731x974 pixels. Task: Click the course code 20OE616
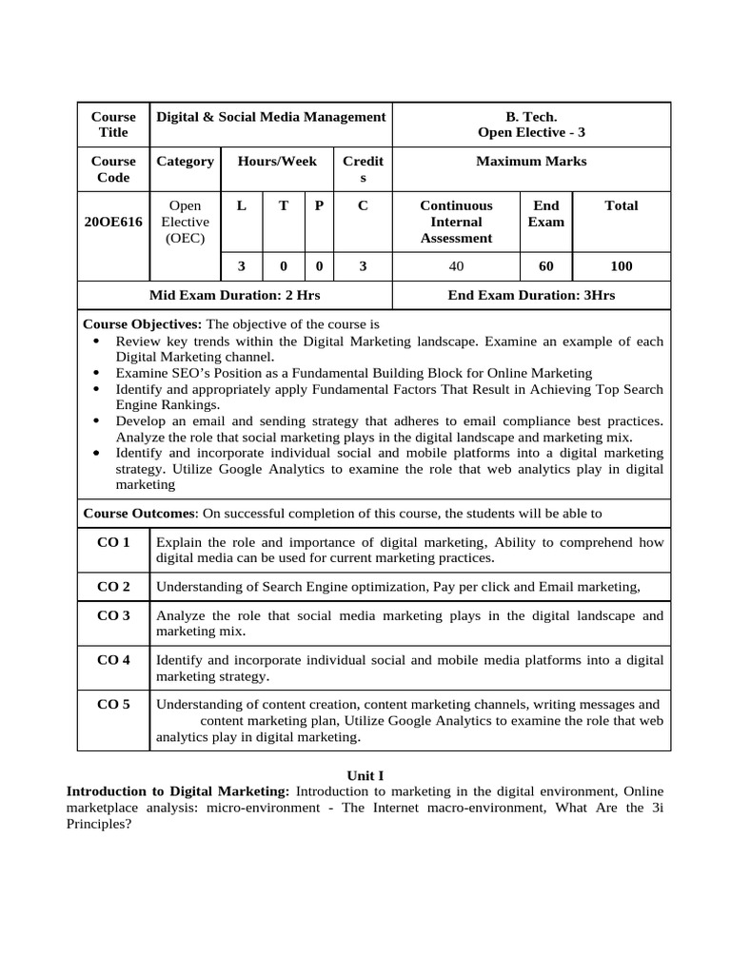(x=112, y=222)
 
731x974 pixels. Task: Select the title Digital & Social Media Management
(x=270, y=117)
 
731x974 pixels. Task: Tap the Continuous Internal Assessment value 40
(x=456, y=266)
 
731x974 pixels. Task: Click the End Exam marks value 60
(x=545, y=266)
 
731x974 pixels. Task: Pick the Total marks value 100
(x=621, y=266)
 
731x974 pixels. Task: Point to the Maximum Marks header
(x=531, y=162)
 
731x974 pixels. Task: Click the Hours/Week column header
(x=277, y=162)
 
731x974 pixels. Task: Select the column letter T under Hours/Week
(x=283, y=205)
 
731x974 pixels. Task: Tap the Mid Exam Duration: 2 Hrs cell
(x=233, y=296)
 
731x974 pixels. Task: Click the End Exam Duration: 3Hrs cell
(x=531, y=296)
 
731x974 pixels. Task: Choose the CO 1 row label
(x=113, y=542)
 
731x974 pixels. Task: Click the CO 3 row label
(x=113, y=615)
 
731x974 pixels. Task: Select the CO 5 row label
(x=113, y=705)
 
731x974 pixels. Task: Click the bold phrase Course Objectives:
(x=143, y=324)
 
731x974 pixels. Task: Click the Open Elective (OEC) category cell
(x=185, y=222)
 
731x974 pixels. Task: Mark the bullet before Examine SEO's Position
(x=100, y=374)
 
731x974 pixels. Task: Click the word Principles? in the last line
(x=98, y=825)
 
